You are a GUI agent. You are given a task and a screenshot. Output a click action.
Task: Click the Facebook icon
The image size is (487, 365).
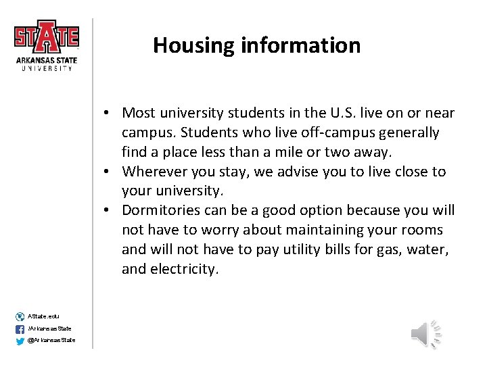click(19, 328)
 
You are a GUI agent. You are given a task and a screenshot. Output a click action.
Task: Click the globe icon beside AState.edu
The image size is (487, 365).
click(19, 316)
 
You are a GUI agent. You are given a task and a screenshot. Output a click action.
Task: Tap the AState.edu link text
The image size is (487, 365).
click(43, 316)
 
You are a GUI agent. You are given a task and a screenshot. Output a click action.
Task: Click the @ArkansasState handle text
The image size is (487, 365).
click(51, 340)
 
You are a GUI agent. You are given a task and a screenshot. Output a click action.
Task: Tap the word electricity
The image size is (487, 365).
click(184, 270)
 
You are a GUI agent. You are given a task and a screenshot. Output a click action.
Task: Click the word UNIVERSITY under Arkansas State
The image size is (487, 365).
click(47, 68)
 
